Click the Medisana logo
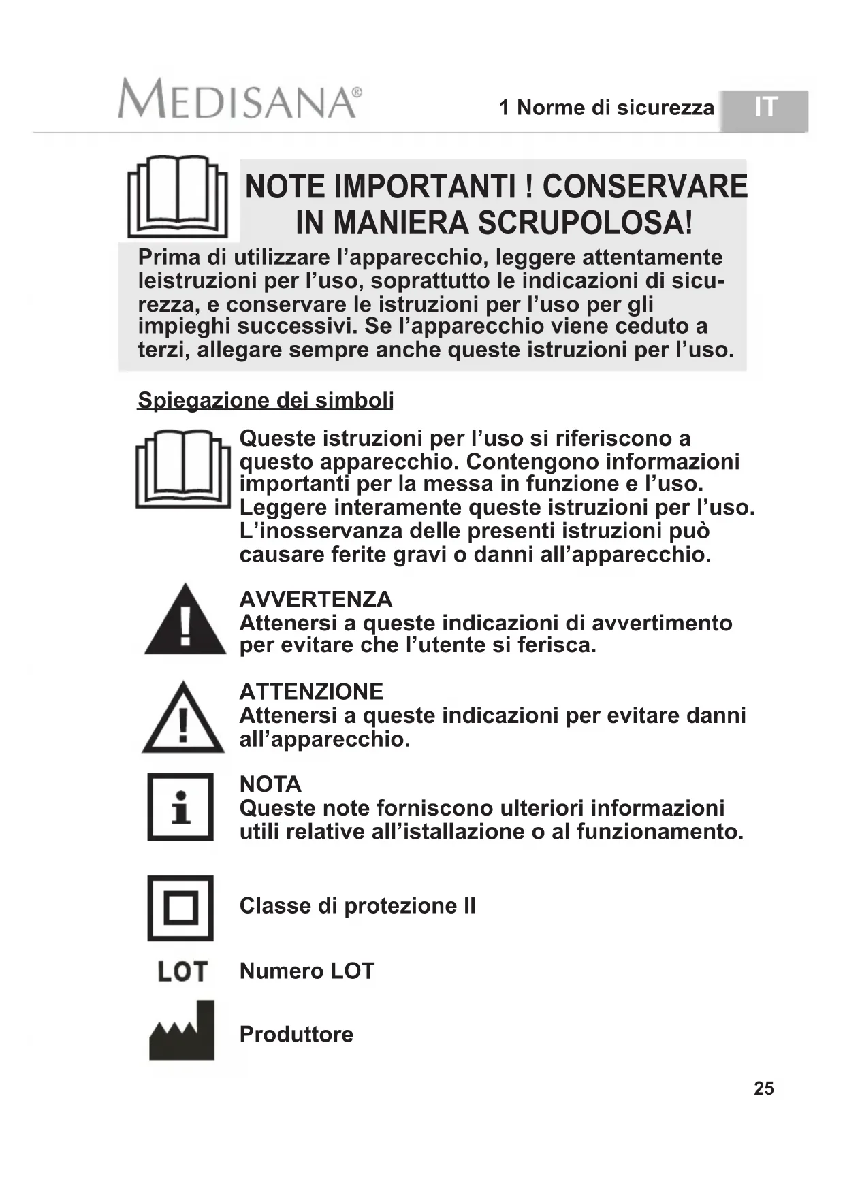pos(239,99)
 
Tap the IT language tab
pos(765,109)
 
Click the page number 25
pos(763,1088)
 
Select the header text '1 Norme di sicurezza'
pos(607,108)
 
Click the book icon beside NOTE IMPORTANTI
pos(178,197)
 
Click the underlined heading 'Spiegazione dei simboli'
pos(266,400)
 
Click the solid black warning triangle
pos(185,621)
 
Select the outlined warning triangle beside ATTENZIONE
pos(183,719)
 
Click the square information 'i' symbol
pos(180,807)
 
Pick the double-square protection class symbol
pos(180,908)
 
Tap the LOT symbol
pos(182,971)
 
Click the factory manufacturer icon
pos(182,1031)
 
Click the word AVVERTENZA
pos(316,600)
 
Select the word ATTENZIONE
pos(311,692)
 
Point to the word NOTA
pos(270,784)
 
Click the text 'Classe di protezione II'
pos(357,906)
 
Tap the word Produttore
pos(296,1035)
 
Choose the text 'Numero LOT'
pos(307,971)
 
